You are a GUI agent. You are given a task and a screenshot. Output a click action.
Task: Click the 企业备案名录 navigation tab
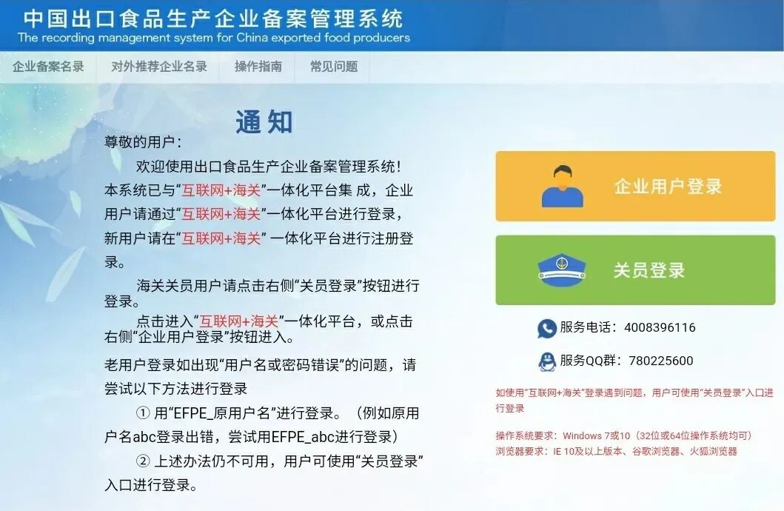pyautogui.click(x=48, y=67)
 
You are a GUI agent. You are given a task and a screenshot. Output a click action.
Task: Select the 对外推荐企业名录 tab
pyautogui.click(x=159, y=67)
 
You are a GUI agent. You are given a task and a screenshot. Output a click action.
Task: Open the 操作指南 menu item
pyautogui.click(x=258, y=67)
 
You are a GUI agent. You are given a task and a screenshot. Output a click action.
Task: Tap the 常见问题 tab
pyautogui.click(x=334, y=67)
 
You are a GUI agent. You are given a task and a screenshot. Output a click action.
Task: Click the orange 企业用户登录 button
pyautogui.click(x=635, y=187)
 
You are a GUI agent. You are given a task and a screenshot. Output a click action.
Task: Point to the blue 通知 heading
pyautogui.click(x=264, y=122)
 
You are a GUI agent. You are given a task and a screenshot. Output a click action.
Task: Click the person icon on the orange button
pyautogui.click(x=563, y=186)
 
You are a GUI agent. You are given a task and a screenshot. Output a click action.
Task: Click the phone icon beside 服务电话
pyautogui.click(x=547, y=328)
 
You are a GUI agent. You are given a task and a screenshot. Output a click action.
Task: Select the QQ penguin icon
pyautogui.click(x=547, y=361)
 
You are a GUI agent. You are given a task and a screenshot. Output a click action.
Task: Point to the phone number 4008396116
pyautogui.click(x=660, y=327)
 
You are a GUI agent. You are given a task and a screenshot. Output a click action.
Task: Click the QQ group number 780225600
pyautogui.click(x=660, y=361)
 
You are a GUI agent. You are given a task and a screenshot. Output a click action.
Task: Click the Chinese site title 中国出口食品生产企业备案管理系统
pyautogui.click(x=213, y=18)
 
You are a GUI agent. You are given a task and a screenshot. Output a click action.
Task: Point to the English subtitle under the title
pyautogui.click(x=213, y=37)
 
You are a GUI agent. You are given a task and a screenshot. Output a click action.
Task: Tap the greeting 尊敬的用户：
pyautogui.click(x=143, y=142)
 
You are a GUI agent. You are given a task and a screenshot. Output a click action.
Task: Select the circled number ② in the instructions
pyautogui.click(x=144, y=461)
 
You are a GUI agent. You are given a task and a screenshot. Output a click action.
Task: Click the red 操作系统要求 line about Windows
pyautogui.click(x=623, y=435)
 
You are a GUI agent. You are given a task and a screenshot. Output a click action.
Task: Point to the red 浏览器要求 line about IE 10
pyautogui.click(x=616, y=451)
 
